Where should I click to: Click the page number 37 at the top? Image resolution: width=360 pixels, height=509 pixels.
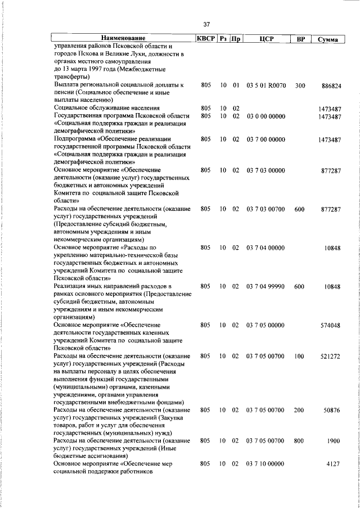(206, 24)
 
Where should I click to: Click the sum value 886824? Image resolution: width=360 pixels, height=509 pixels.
(331, 85)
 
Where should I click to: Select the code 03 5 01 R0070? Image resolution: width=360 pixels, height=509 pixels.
(267, 85)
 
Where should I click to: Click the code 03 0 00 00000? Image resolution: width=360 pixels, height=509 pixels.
(265, 116)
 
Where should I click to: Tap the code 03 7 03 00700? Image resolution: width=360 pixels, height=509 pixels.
(265, 209)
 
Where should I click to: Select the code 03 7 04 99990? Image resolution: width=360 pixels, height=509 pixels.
(265, 286)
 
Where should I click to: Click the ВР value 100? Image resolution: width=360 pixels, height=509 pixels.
(299, 355)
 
